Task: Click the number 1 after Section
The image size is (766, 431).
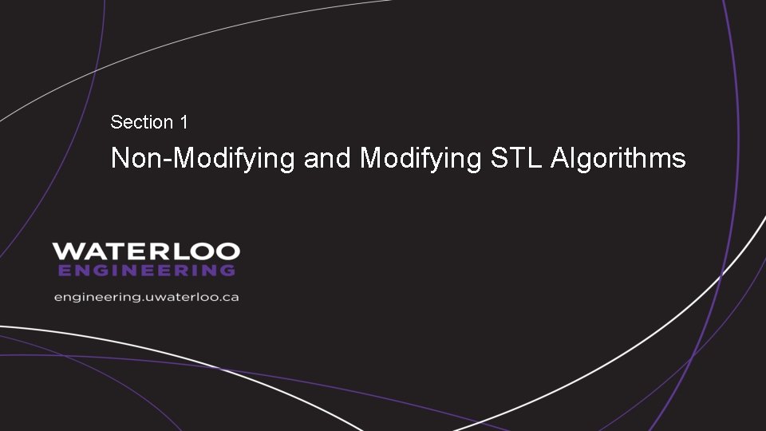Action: pos(184,122)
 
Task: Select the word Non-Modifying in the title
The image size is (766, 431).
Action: pos(203,159)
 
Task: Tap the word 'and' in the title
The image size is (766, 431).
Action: pos(327,158)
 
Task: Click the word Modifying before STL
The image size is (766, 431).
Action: pos(421,159)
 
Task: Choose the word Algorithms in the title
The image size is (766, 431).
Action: pos(618,159)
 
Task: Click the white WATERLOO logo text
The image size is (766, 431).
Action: pos(146,251)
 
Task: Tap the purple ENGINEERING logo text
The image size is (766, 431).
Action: pos(147,271)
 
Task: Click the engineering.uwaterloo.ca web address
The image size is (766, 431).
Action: pos(147,297)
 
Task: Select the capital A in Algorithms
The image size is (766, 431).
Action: pos(560,158)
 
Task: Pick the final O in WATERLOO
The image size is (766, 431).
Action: pos(227,251)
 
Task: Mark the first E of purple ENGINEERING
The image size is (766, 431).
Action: pos(65,271)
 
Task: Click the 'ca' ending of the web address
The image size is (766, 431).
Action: pos(231,297)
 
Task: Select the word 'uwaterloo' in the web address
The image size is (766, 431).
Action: pos(180,297)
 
